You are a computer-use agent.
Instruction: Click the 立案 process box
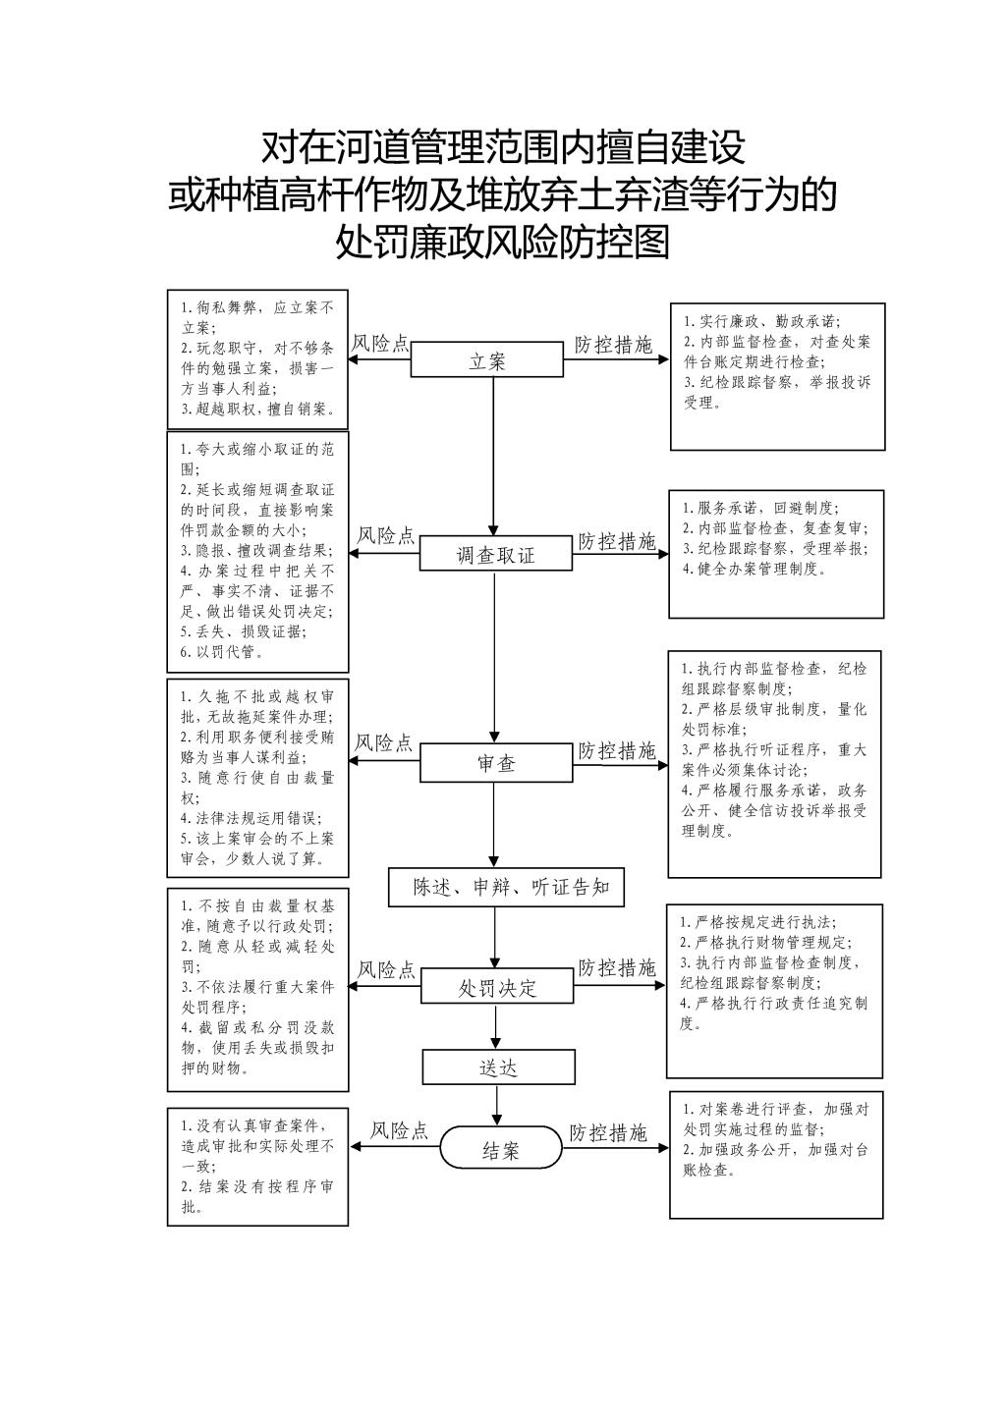487,359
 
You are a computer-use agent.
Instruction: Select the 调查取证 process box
496,554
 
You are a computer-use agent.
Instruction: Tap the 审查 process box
496,763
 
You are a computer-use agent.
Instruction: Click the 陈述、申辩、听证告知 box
507,887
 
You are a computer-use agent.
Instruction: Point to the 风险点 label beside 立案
380,343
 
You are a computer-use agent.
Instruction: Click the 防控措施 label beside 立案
613,345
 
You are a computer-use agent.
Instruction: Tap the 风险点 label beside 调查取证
385,535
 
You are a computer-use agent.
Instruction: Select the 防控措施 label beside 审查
616,751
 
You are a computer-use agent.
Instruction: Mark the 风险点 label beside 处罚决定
386,969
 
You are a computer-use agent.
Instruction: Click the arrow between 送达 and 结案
497,1106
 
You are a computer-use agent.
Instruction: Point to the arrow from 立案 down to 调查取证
493,457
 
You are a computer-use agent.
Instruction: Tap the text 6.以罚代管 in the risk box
222,651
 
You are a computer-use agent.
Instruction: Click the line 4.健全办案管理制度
754,569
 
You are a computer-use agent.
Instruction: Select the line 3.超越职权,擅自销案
258,409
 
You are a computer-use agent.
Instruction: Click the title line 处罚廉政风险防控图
503,242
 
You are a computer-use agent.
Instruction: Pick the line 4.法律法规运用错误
251,818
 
